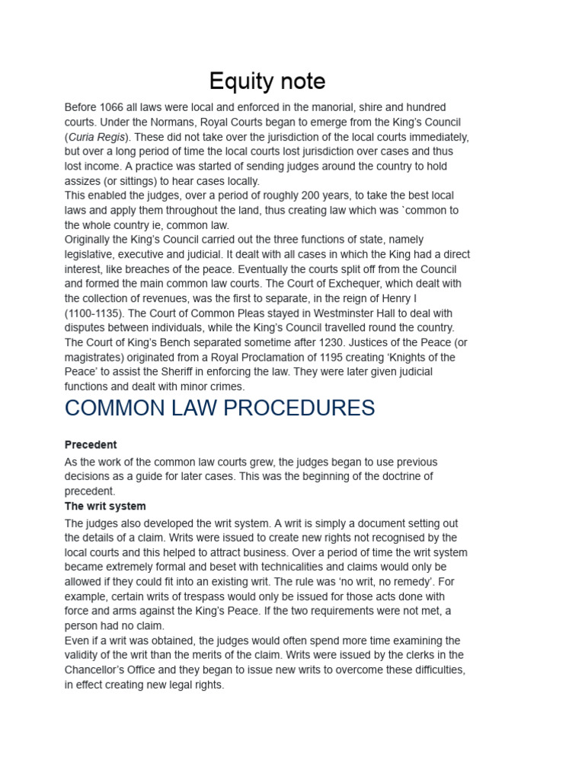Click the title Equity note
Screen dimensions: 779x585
[267, 81]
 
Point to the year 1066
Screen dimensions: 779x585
[112, 107]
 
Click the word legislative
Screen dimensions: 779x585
[91, 254]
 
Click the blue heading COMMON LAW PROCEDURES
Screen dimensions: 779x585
[219, 408]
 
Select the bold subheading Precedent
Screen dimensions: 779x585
[91, 444]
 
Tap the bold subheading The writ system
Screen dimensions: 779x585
[105, 506]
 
